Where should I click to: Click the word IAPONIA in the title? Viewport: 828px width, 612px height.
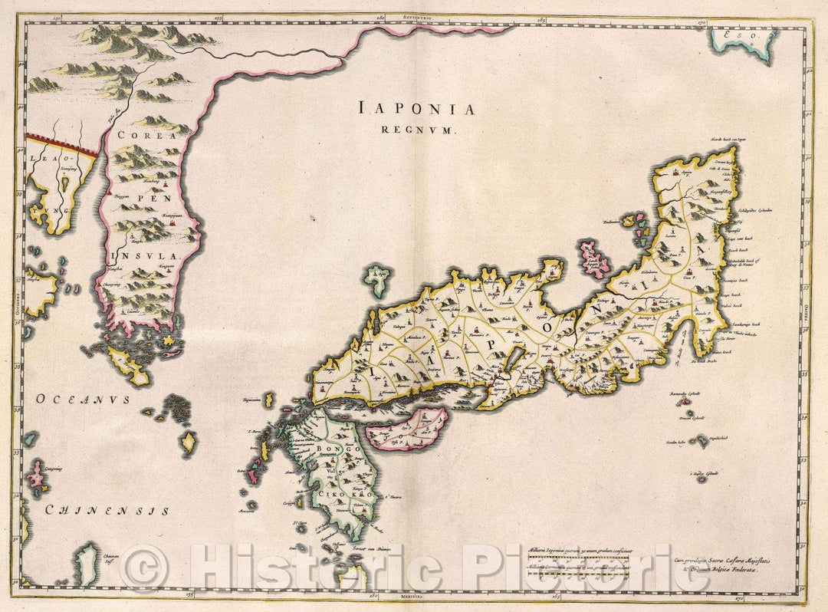416,109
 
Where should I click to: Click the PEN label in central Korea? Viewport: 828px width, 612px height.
148,196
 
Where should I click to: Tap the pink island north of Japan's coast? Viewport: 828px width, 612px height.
592,258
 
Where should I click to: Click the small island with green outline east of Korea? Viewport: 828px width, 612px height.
376,278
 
